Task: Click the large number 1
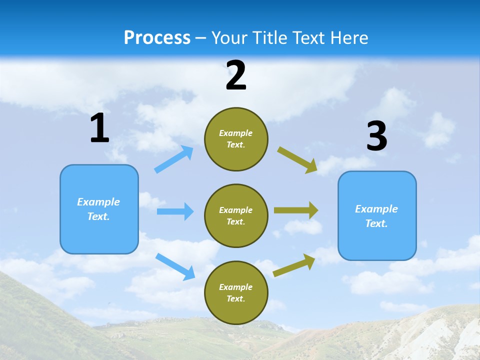99,128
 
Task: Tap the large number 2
236,75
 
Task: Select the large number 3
376,136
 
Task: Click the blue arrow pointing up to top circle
174,159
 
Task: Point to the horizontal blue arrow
175,211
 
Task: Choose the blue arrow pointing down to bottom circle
175,266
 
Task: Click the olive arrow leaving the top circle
297,160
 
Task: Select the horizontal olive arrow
296,210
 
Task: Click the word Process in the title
157,37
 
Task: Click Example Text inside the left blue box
98,209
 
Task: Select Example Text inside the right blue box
376,216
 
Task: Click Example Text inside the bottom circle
236,292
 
